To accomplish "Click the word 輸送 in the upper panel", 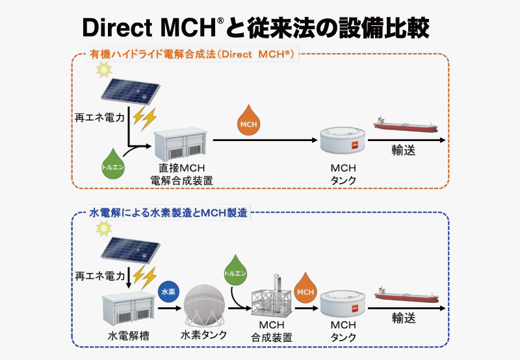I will click(403, 150).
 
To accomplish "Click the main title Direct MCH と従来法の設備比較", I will click(260, 28).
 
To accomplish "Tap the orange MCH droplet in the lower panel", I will click(305, 290).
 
